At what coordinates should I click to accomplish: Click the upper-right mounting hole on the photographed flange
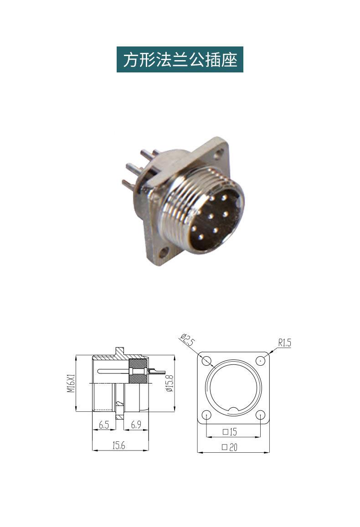click(x=220, y=153)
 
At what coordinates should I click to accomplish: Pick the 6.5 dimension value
click(x=104, y=425)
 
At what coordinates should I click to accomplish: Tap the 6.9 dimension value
click(x=136, y=425)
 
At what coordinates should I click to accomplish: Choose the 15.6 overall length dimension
click(x=118, y=445)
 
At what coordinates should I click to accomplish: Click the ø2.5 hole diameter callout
click(x=188, y=340)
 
